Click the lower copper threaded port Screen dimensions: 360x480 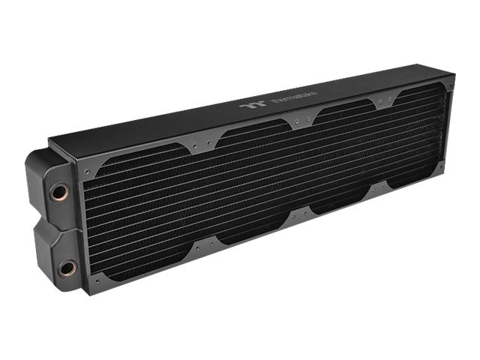tap(68, 267)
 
